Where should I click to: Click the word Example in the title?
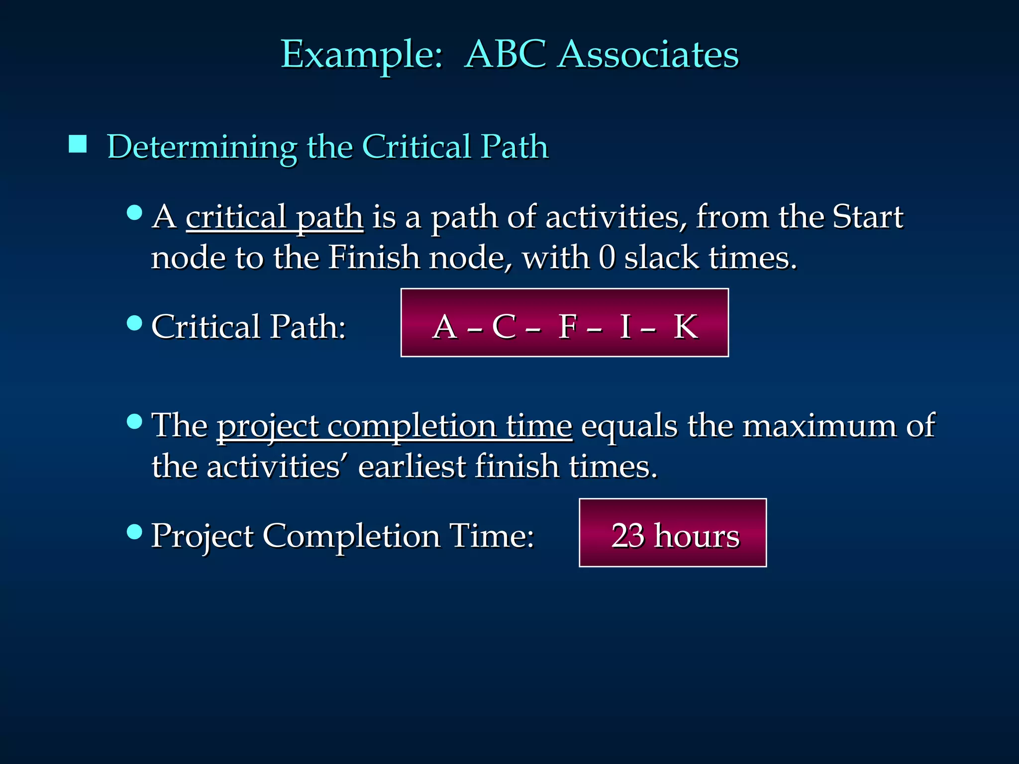pyautogui.click(x=362, y=55)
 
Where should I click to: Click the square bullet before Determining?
pyautogui.click(x=78, y=144)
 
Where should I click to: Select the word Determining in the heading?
pyautogui.click(x=202, y=148)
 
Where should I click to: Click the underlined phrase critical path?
pyautogui.click(x=274, y=218)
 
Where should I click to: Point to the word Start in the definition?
pyautogui.click(x=868, y=217)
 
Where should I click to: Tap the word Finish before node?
pyautogui.click(x=374, y=258)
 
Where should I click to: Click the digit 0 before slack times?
pyautogui.click(x=607, y=258)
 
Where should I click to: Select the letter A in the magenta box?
pyautogui.click(x=445, y=327)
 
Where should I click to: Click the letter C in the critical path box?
pyautogui.click(x=504, y=327)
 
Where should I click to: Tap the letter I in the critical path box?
pyautogui.click(x=625, y=327)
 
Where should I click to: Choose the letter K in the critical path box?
pyautogui.click(x=686, y=327)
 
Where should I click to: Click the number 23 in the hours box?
pyautogui.click(x=628, y=536)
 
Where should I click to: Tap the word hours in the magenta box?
pyautogui.click(x=697, y=536)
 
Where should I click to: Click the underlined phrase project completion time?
pyautogui.click(x=394, y=427)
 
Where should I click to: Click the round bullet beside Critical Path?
pyautogui.click(x=134, y=323)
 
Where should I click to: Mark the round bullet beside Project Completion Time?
pyautogui.click(x=134, y=532)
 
